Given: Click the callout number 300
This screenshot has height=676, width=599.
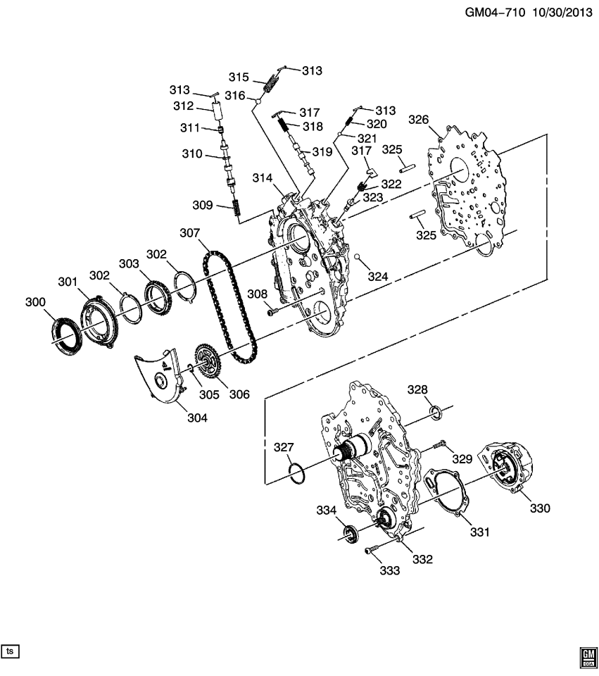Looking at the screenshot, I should tap(34, 302).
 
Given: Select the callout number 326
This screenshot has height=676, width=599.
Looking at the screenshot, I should tap(418, 120).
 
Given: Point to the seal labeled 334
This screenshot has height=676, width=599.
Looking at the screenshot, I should tap(350, 534).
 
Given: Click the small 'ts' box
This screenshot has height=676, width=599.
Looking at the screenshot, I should tap(10, 651).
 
